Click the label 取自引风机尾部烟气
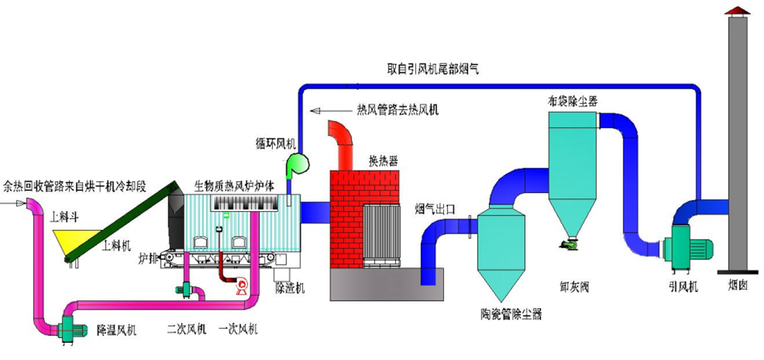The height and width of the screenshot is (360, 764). (x=432, y=68)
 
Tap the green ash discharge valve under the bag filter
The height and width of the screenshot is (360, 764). (x=569, y=243)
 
